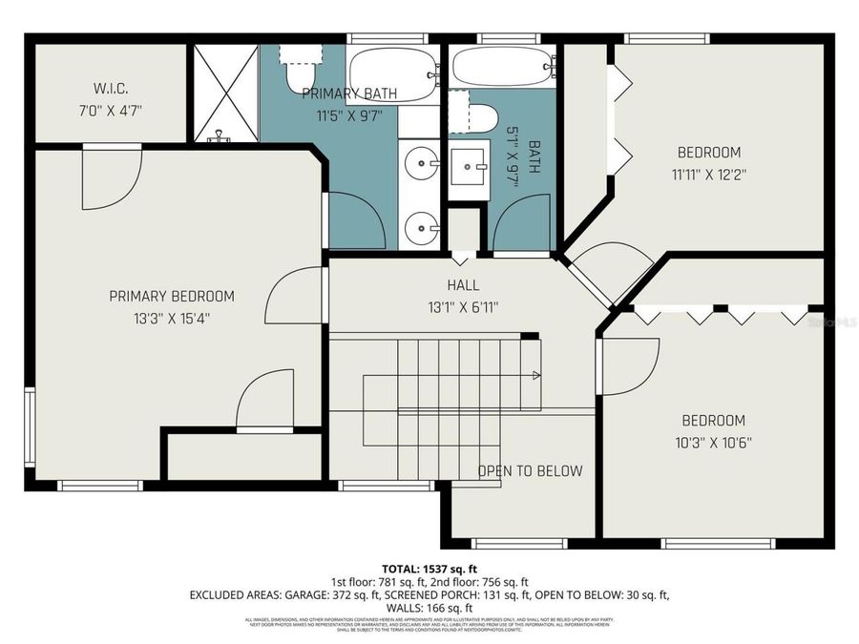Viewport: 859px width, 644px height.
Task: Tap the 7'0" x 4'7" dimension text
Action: pos(110,110)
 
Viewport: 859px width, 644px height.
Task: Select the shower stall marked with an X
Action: pos(226,93)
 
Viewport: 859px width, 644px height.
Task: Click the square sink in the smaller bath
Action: pos(469,169)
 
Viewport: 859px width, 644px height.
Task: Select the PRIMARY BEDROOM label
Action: pos(171,296)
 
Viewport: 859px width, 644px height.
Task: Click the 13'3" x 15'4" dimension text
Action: pos(171,318)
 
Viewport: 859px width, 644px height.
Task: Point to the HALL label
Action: pos(463,285)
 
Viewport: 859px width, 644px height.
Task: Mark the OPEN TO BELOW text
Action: pos(530,470)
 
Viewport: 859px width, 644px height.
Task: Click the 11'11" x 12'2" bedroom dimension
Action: pos(708,175)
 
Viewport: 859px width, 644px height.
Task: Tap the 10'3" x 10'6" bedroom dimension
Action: pos(712,443)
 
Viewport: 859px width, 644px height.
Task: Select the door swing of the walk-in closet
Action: pos(110,178)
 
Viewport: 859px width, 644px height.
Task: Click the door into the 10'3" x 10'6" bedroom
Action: pos(625,367)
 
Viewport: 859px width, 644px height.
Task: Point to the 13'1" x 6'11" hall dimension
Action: pos(463,307)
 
